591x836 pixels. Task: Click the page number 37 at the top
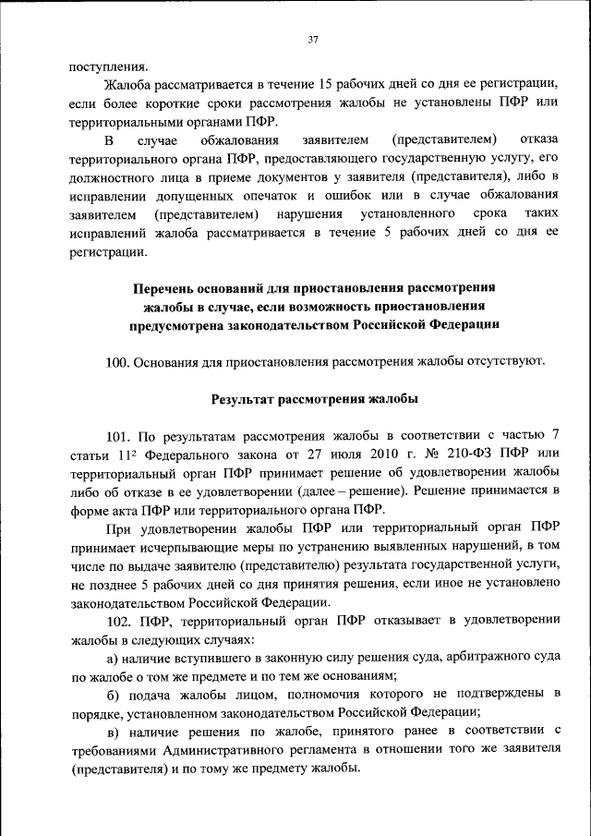[313, 39]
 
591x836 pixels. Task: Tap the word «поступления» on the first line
[108, 66]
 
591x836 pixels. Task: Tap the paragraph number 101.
[118, 436]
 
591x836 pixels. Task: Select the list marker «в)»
[113, 732]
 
